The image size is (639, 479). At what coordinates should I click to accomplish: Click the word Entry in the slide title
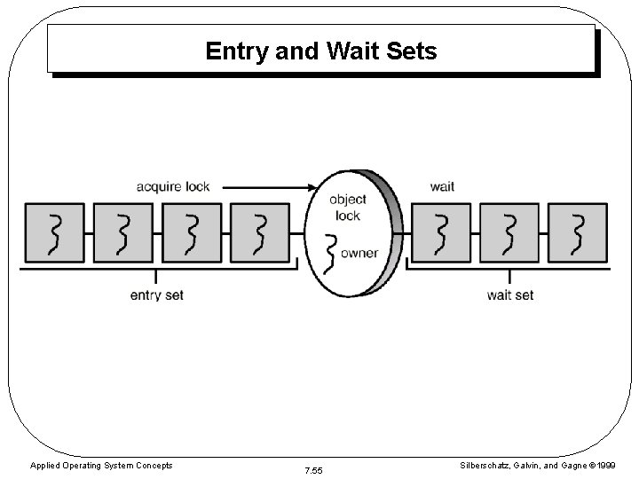[237, 51]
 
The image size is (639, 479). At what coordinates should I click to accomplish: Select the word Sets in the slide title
[411, 51]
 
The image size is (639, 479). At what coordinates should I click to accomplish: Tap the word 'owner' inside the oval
[359, 253]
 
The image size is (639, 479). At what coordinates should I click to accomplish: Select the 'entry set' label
[156, 294]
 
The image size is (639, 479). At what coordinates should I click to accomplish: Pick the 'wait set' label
[510, 294]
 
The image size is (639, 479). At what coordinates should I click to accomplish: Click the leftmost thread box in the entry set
[54, 232]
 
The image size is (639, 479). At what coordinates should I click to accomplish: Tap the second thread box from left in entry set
[122, 232]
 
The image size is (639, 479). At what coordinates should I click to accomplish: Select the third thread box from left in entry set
[191, 232]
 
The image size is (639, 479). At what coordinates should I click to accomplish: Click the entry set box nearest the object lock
[259, 232]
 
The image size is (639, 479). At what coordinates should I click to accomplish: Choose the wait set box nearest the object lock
[441, 232]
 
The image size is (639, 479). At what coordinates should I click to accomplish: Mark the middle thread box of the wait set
[509, 232]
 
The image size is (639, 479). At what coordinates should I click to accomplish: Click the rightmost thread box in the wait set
[578, 232]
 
